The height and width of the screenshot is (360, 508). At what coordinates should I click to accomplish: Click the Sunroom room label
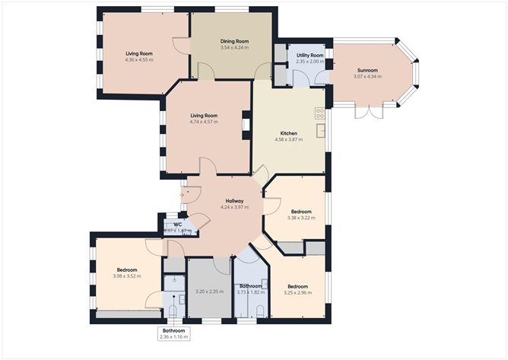[367, 71]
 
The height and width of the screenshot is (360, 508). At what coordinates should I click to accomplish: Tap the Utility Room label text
[310, 56]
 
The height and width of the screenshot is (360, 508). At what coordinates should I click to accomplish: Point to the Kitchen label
[288, 133]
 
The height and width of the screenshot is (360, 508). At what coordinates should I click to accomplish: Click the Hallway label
[224, 201]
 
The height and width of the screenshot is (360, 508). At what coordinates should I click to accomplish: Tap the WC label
[177, 225]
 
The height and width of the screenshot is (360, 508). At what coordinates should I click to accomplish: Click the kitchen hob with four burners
[320, 113]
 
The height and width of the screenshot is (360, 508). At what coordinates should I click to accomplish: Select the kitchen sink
[322, 129]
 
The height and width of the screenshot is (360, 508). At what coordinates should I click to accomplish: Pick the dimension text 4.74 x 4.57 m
[204, 122]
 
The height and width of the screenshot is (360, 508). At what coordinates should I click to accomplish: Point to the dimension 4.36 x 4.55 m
[139, 59]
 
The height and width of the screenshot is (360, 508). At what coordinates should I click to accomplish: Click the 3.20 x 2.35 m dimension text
[208, 292]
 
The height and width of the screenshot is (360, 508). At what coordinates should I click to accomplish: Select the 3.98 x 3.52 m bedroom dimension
[127, 276]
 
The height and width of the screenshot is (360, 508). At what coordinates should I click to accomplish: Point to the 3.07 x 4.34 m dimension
[367, 77]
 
